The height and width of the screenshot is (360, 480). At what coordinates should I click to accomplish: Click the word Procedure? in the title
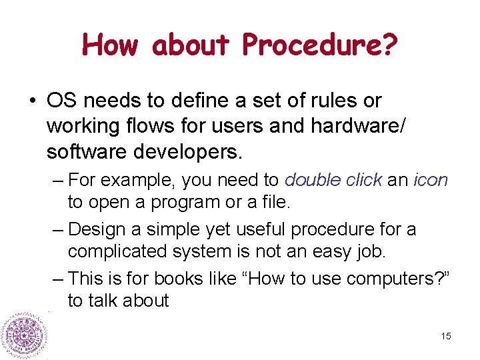pyautogui.click(x=320, y=46)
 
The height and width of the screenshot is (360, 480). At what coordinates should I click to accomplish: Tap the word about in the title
pyautogui.click(x=190, y=45)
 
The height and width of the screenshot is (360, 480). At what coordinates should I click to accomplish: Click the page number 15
pyautogui.click(x=445, y=336)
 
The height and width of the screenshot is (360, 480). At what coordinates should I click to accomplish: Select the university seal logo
pyautogui.click(x=23, y=335)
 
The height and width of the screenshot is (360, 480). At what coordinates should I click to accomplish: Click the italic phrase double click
pyautogui.click(x=333, y=180)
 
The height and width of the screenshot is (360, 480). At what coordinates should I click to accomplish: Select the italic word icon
pyautogui.click(x=431, y=180)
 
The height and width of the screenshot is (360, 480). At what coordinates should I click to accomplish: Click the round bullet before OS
pyautogui.click(x=31, y=101)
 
